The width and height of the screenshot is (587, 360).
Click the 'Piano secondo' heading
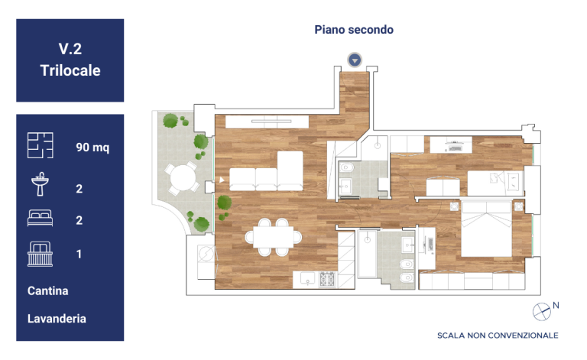point(354,30)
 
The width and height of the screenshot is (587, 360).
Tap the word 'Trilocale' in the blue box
point(70,70)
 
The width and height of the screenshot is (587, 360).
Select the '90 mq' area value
point(92,147)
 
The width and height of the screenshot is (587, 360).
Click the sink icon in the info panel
point(40,183)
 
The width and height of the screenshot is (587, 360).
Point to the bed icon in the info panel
point(40,218)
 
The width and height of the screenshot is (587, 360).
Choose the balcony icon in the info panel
point(40,254)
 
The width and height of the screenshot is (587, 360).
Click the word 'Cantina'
point(48,290)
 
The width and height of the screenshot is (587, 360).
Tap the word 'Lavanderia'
point(57,319)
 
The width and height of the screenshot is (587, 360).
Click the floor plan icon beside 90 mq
point(40,145)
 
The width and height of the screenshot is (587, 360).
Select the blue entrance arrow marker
point(355,60)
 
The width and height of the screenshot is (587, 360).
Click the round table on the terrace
point(183,178)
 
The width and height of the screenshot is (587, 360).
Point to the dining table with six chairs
point(274,237)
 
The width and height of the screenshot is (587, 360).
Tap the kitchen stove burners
point(327,279)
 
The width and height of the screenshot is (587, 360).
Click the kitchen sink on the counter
point(307,278)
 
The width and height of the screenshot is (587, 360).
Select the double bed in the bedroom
point(486,229)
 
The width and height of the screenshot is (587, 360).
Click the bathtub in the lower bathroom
point(367,254)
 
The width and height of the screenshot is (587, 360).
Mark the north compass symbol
point(542,312)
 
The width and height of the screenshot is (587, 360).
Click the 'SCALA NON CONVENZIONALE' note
point(498,336)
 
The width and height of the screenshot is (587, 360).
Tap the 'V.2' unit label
point(70,49)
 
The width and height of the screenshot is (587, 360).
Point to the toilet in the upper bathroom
point(347,167)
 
